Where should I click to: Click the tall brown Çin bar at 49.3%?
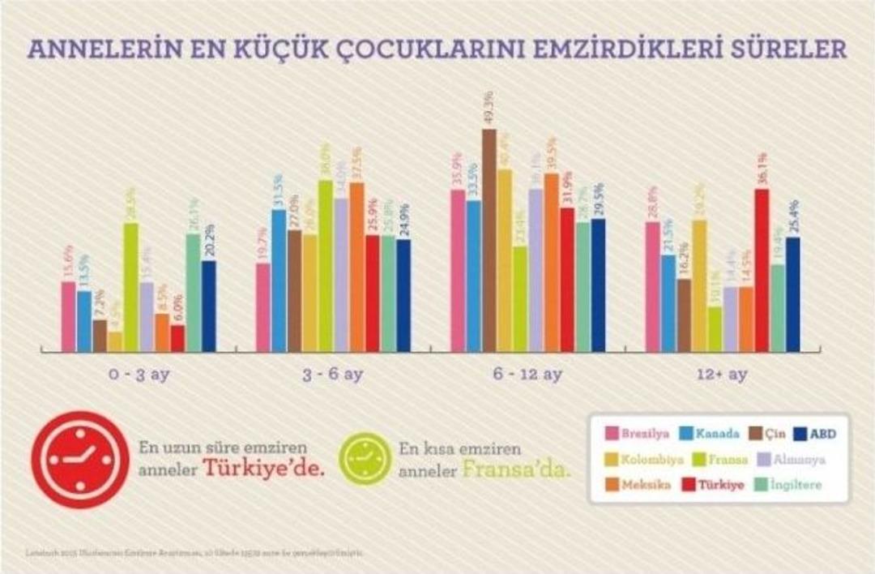[489, 240]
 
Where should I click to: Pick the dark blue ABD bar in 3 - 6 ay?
[403, 295]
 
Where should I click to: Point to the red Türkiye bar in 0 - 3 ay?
[177, 338]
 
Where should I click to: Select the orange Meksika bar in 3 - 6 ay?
[356, 267]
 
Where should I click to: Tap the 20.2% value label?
[208, 241]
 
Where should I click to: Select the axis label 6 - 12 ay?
[527, 375]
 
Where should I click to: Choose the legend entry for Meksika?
[639, 485]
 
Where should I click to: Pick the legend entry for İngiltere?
[793, 485]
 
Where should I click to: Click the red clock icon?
[80, 459]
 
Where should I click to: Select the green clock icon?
[365, 460]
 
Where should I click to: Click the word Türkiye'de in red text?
[263, 469]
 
